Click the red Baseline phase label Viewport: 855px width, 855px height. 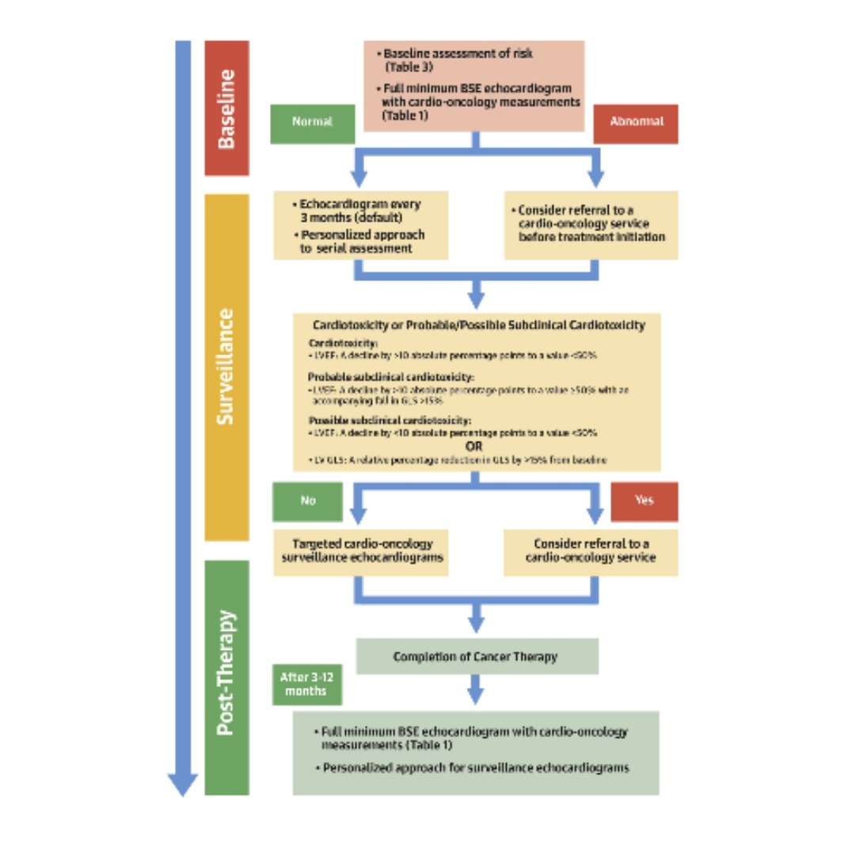226,108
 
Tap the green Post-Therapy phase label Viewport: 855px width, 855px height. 226,677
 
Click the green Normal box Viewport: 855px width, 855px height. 312,123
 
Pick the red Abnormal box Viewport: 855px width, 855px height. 636,123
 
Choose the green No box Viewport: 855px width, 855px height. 307,501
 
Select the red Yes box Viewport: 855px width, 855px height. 644,501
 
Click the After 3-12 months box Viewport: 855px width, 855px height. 310,683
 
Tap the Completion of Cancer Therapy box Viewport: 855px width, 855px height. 476,656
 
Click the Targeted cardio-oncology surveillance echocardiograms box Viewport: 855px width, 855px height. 361,551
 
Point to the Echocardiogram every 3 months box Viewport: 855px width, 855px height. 361,225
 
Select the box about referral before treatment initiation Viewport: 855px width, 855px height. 591,225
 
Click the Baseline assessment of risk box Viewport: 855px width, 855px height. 474,85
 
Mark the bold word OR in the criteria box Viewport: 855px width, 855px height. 475,446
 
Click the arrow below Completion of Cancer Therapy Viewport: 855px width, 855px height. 475,689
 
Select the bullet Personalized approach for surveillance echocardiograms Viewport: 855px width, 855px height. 476,768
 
